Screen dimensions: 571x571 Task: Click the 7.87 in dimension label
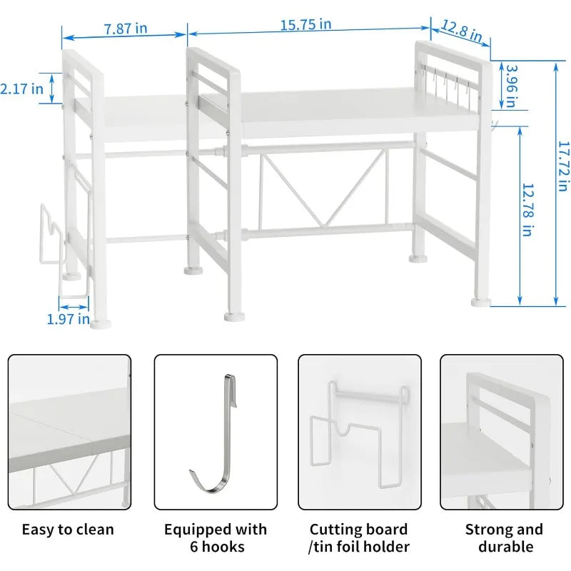click(126, 29)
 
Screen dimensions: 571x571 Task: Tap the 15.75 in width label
click(306, 24)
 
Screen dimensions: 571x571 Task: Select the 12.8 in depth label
click(462, 31)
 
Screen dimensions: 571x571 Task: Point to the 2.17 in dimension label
click(21, 89)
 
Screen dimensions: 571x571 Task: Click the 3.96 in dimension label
click(512, 86)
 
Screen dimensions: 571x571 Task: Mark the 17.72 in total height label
click(564, 166)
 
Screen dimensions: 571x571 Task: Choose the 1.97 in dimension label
click(68, 319)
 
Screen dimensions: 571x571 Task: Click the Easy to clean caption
click(68, 530)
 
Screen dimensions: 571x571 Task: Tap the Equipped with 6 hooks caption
click(216, 538)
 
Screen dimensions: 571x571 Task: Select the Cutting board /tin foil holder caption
click(359, 538)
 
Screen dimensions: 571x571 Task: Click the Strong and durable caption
click(505, 538)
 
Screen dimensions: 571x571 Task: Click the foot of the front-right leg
click(480, 302)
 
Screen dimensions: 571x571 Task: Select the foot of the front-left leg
click(100, 324)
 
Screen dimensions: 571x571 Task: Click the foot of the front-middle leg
click(235, 317)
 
